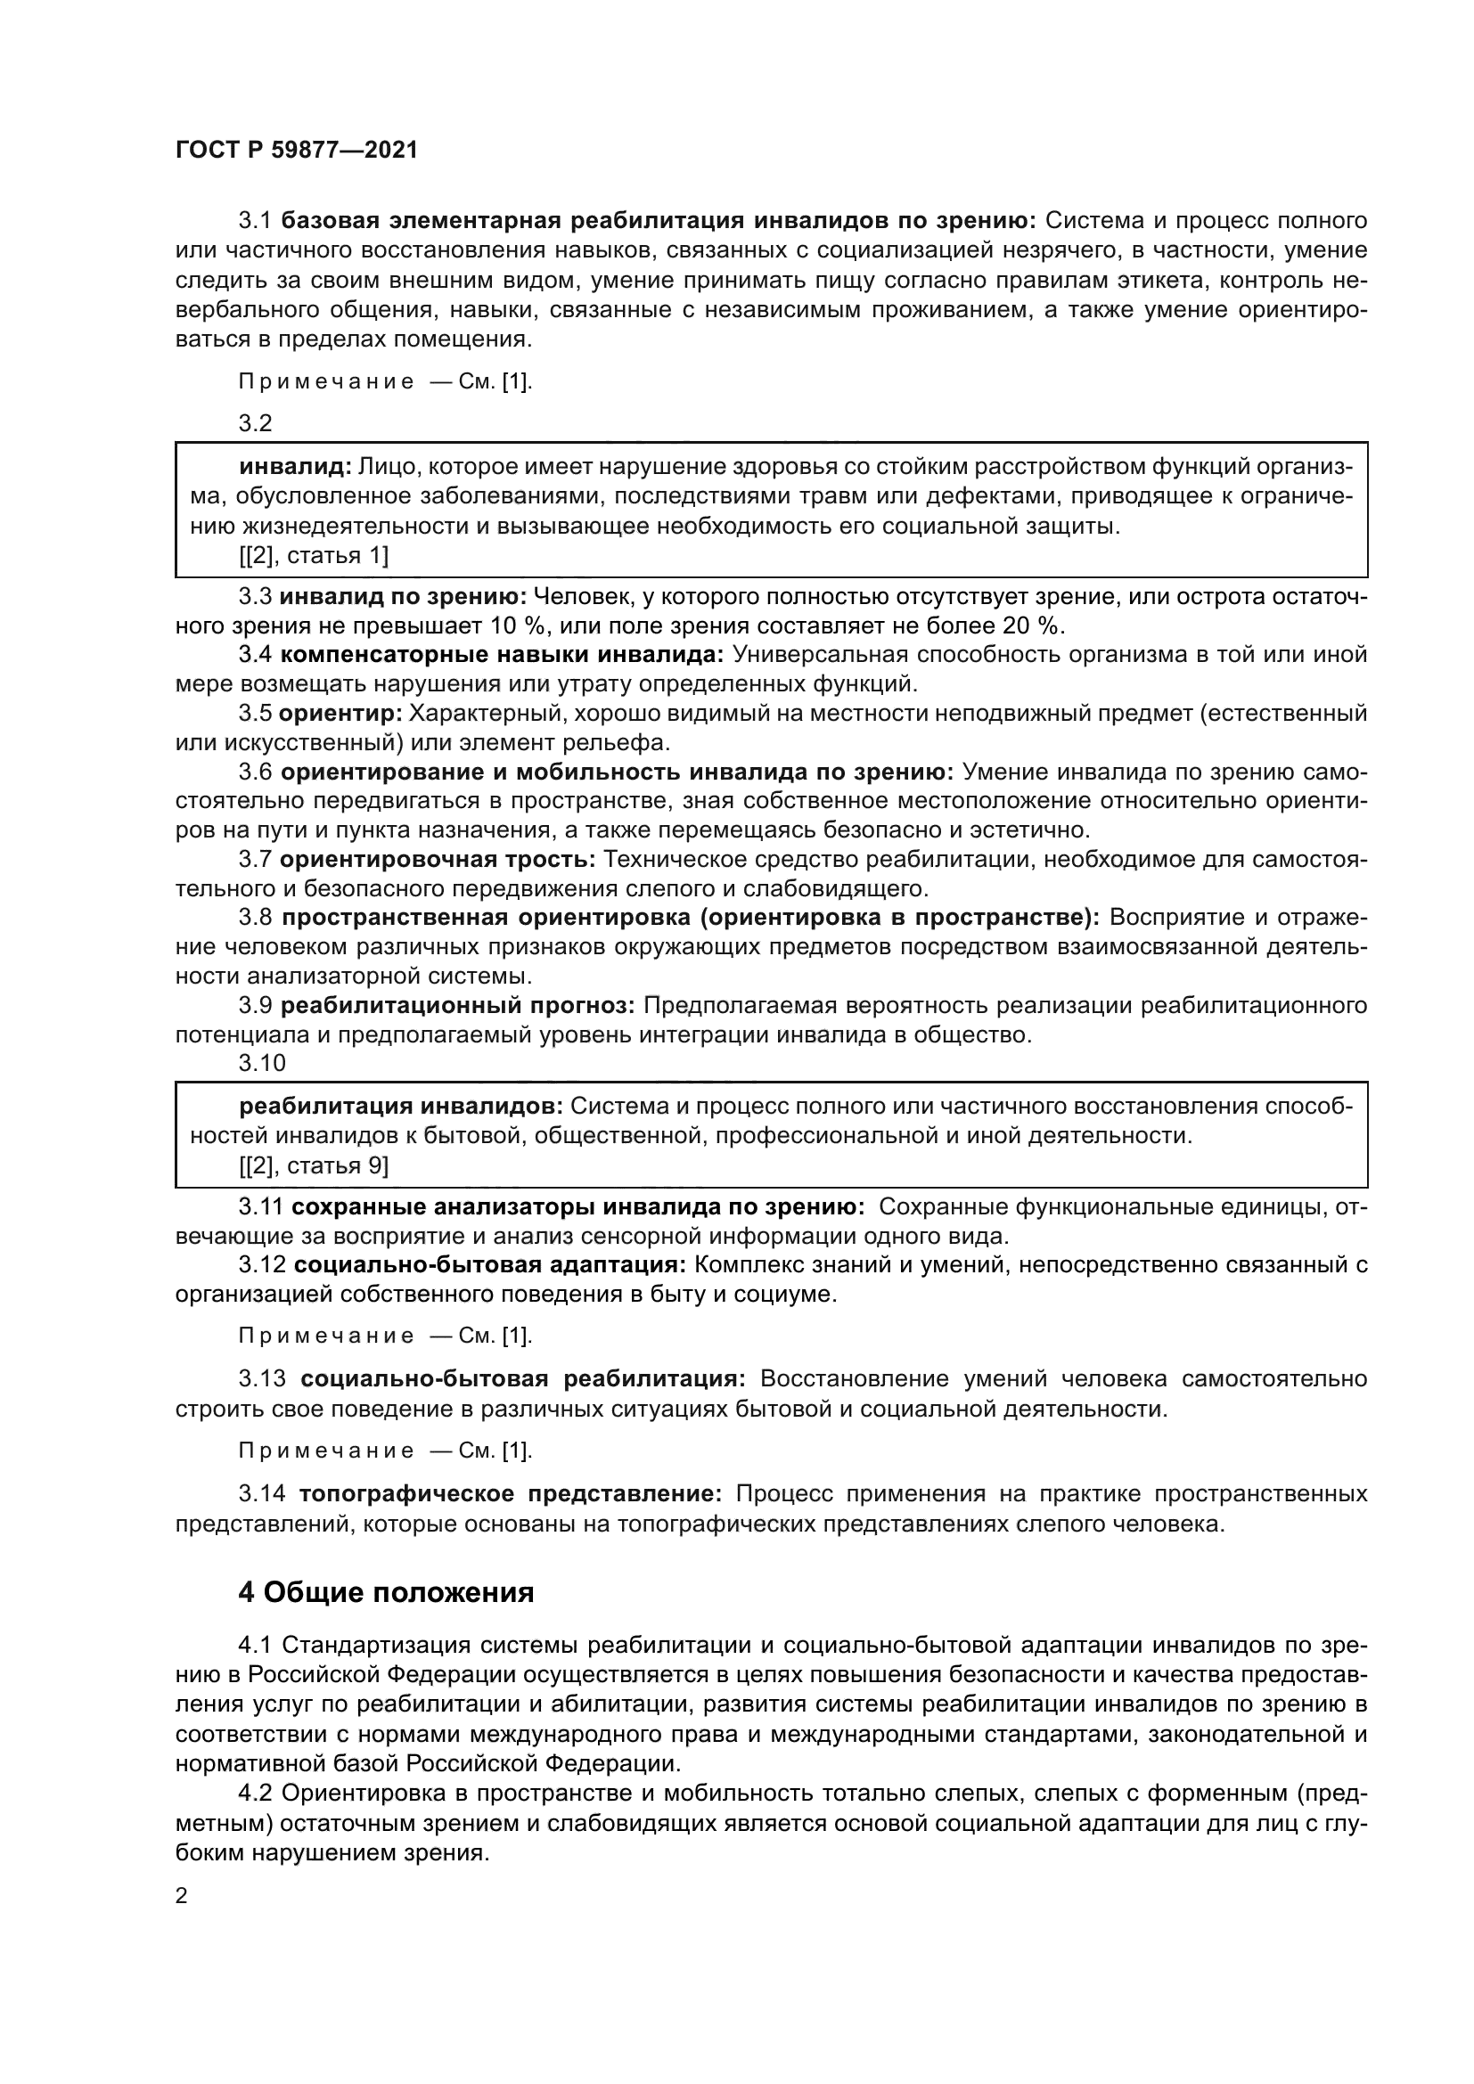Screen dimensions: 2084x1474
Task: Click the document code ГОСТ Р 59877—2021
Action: click(x=297, y=151)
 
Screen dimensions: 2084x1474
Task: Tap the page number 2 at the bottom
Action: click(x=182, y=1896)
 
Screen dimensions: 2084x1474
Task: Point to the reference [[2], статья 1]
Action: click(x=314, y=555)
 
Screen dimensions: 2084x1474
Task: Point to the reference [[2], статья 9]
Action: click(x=314, y=1165)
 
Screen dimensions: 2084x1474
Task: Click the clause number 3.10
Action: click(x=261, y=1063)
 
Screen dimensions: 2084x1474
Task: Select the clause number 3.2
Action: click(x=255, y=423)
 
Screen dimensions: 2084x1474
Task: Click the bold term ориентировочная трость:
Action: click(x=438, y=859)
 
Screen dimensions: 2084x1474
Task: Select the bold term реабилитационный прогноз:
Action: click(x=457, y=1006)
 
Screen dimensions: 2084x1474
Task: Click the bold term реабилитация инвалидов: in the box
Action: click(x=401, y=1107)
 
